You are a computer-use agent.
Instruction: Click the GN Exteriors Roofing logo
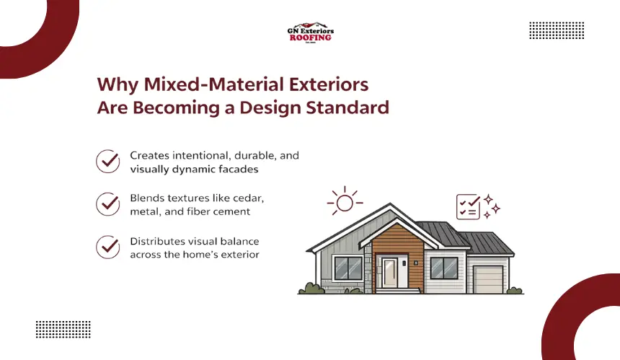coord(311,32)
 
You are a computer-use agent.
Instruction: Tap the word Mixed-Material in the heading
coord(213,84)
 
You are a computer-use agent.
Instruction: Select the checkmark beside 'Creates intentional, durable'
coord(108,161)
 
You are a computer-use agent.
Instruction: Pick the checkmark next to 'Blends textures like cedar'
coord(108,204)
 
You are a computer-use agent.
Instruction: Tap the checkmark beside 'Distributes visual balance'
coord(108,247)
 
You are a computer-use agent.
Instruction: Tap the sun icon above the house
coord(345,201)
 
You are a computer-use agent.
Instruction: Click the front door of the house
coord(390,273)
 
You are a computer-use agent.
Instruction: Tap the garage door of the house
coord(488,280)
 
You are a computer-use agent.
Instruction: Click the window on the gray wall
coord(348,268)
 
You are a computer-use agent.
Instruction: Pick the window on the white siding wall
coord(444,268)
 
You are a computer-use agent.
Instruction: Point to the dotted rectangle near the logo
coord(557,30)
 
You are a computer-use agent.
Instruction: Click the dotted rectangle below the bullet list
coord(63,329)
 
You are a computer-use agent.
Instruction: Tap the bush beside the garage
coord(515,290)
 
